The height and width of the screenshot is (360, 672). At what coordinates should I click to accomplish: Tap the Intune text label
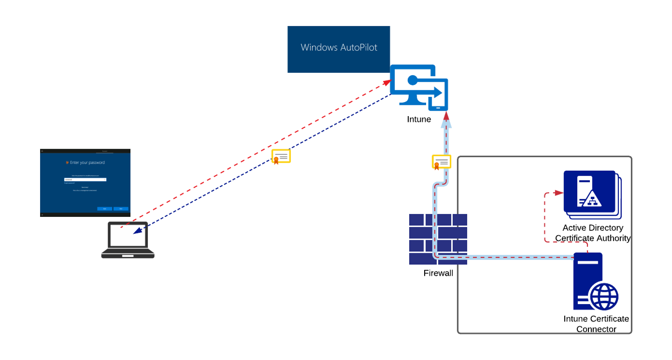point(419,119)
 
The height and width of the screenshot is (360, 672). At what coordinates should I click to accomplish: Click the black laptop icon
point(128,240)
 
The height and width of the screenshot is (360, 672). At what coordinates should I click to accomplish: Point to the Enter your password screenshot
point(85,183)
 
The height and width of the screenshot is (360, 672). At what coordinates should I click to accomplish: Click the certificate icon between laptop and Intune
point(281,157)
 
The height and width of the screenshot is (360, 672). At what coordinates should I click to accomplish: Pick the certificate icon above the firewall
point(442,162)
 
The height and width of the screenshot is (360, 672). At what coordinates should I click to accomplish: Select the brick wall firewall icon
point(438,239)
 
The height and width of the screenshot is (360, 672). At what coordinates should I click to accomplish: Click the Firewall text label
point(438,273)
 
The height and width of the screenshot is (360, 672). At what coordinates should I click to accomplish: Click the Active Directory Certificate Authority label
point(593,233)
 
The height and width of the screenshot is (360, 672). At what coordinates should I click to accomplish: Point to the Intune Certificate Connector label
point(596,324)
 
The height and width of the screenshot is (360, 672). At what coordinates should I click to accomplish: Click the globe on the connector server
point(604,296)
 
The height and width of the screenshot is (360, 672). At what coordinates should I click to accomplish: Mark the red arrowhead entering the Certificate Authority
point(558,193)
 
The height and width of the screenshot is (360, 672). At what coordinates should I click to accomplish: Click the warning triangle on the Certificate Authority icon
point(590,199)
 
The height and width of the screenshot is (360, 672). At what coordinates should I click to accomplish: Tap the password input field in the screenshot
point(85,180)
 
